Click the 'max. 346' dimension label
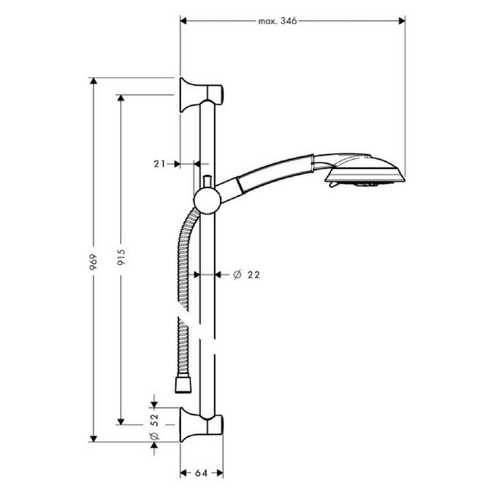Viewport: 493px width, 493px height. tap(277, 21)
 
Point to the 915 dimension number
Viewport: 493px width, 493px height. tap(121, 257)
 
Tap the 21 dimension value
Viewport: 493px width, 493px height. tap(160, 164)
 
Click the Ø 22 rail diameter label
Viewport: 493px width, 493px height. tap(246, 275)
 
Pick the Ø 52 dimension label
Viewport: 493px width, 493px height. tap(155, 426)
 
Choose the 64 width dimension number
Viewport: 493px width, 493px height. tap(202, 473)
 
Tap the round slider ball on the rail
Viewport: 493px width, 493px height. tap(207, 201)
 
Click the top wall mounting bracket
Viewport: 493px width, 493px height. tap(202, 94)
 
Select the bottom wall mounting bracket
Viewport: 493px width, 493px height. tap(202, 425)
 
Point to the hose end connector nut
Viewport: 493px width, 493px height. tap(183, 385)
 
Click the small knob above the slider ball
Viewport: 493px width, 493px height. tap(207, 182)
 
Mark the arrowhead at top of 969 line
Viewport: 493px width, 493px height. tap(94, 81)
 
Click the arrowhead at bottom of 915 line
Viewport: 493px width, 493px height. tap(121, 422)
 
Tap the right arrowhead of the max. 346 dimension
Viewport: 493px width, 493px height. tap(402, 21)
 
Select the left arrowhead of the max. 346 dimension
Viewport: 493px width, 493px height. tap(183, 21)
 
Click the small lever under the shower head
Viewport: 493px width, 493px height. tap(333, 184)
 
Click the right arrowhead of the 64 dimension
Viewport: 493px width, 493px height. tap(220, 473)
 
